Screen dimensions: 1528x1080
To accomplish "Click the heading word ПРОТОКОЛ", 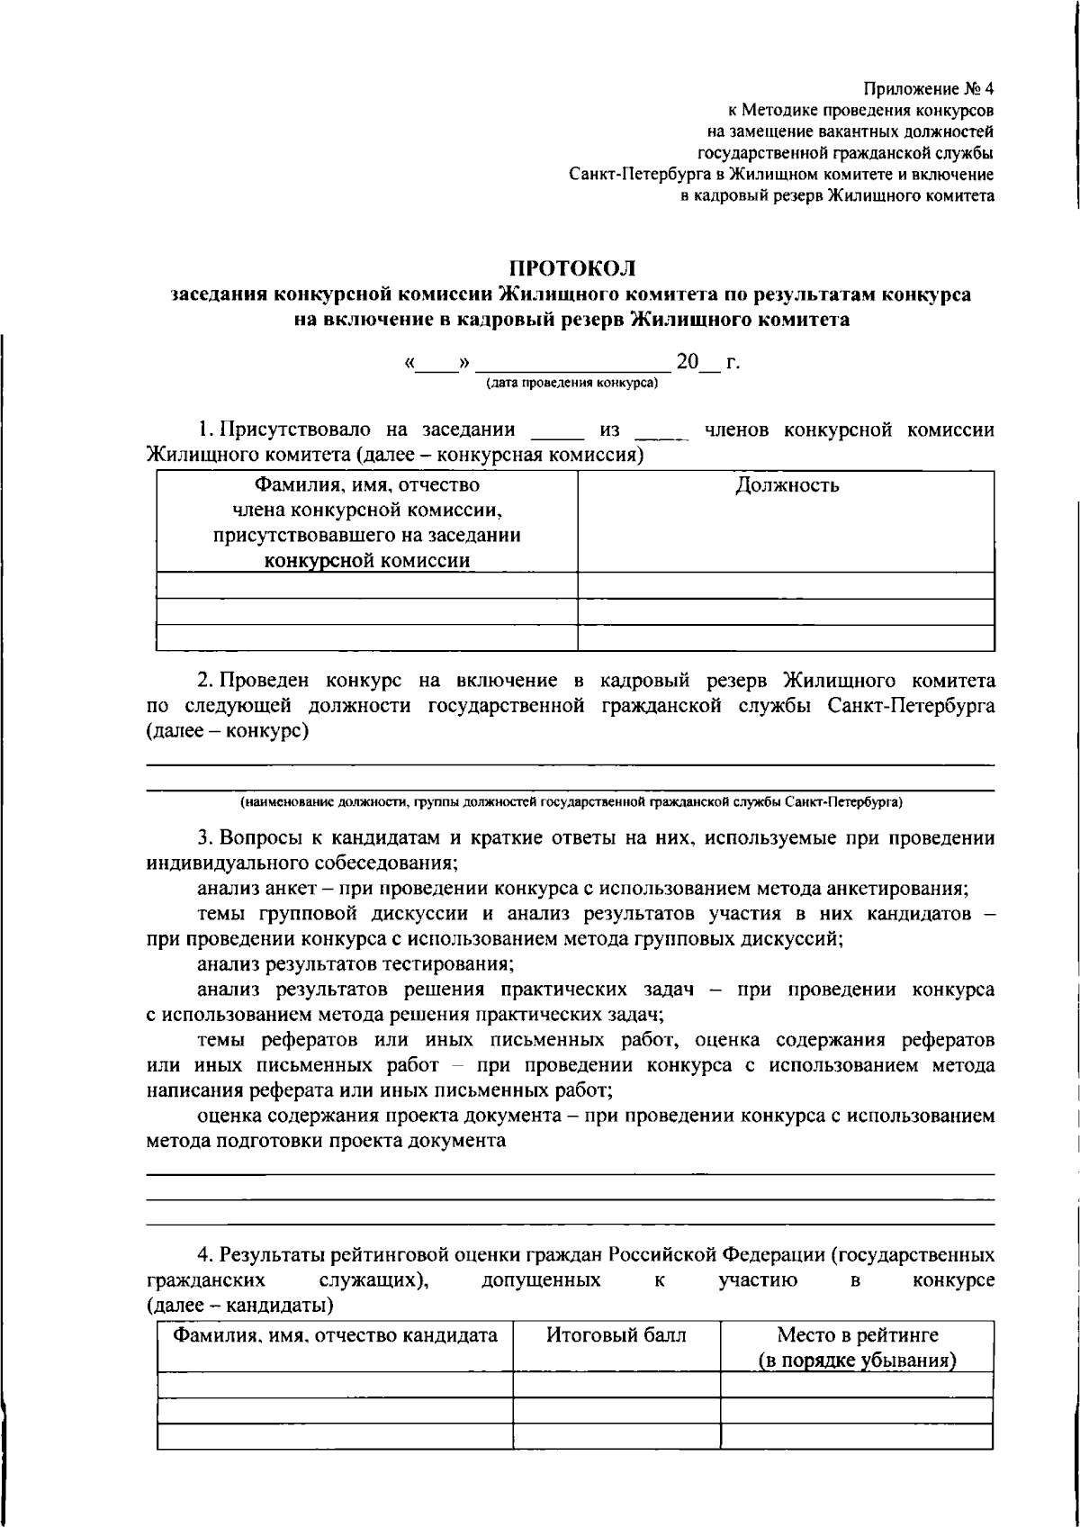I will pos(572,267).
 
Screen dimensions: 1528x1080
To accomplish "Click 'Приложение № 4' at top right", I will pos(928,89).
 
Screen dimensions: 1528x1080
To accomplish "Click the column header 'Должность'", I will pos(787,485).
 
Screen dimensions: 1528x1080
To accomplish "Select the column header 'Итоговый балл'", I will pos(616,1334).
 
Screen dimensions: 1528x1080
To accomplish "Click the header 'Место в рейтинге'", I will pos(857,1334).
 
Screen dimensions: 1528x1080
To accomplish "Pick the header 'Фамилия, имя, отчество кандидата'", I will pos(335,1334).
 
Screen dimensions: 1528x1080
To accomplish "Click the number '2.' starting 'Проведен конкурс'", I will pos(204,680).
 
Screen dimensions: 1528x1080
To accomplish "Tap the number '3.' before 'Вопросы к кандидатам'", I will pos(204,838).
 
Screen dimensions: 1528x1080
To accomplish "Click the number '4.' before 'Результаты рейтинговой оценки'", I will pos(204,1254).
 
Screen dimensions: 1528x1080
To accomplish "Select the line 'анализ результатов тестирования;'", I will pos(355,964).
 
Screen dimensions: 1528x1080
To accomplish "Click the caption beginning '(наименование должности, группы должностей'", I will pos(571,800).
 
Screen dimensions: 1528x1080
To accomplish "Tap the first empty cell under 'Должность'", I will pos(786,585).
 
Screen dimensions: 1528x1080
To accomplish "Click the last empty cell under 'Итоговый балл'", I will pos(616,1435).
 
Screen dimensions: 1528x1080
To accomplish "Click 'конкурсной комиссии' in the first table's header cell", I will pos(366,561).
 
